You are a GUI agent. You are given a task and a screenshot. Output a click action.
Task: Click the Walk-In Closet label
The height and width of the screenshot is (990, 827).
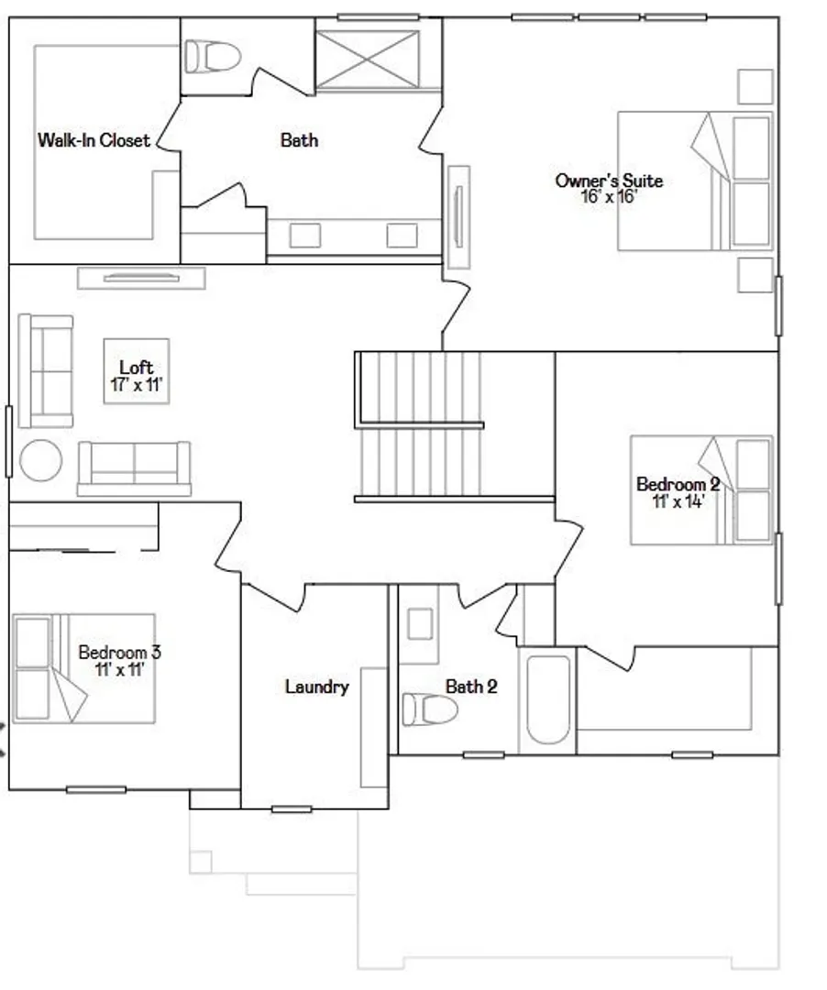94,140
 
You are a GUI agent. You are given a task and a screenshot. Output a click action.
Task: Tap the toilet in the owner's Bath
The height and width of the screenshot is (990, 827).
212,56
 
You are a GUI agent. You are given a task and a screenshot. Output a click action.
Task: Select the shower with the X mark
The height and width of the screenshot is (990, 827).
368,60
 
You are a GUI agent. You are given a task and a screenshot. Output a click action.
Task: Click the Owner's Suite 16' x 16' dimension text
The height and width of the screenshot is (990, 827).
609,196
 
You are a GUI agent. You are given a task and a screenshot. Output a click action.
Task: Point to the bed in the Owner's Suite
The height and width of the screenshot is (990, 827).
694,181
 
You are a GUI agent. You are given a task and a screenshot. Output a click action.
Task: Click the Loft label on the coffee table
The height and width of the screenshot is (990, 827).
137,367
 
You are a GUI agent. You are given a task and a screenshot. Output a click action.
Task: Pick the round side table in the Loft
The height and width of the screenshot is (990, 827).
41,460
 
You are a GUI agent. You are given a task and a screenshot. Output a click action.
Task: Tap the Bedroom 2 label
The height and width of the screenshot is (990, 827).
678,484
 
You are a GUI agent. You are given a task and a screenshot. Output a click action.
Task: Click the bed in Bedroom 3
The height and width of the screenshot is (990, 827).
83,668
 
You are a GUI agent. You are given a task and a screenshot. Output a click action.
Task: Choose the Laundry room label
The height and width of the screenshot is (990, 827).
317,687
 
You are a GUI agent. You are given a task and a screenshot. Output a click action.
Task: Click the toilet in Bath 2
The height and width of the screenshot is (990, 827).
430,709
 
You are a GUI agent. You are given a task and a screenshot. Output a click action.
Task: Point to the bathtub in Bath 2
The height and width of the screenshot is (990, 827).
548,699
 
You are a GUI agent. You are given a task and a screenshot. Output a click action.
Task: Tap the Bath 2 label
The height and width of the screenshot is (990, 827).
471,687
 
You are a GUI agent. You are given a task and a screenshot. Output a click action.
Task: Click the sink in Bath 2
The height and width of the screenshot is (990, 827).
421,624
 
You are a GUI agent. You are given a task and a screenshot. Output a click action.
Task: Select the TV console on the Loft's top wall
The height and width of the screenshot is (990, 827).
141,278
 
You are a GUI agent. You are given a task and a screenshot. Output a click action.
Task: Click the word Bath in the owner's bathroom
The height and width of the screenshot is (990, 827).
299,140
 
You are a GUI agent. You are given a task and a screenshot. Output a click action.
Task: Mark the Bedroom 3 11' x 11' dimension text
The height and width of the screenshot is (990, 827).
119,669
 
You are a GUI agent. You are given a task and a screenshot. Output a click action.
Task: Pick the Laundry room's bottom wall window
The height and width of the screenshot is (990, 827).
292,808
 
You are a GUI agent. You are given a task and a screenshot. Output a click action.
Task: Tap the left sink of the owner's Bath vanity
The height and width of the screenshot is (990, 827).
305,236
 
